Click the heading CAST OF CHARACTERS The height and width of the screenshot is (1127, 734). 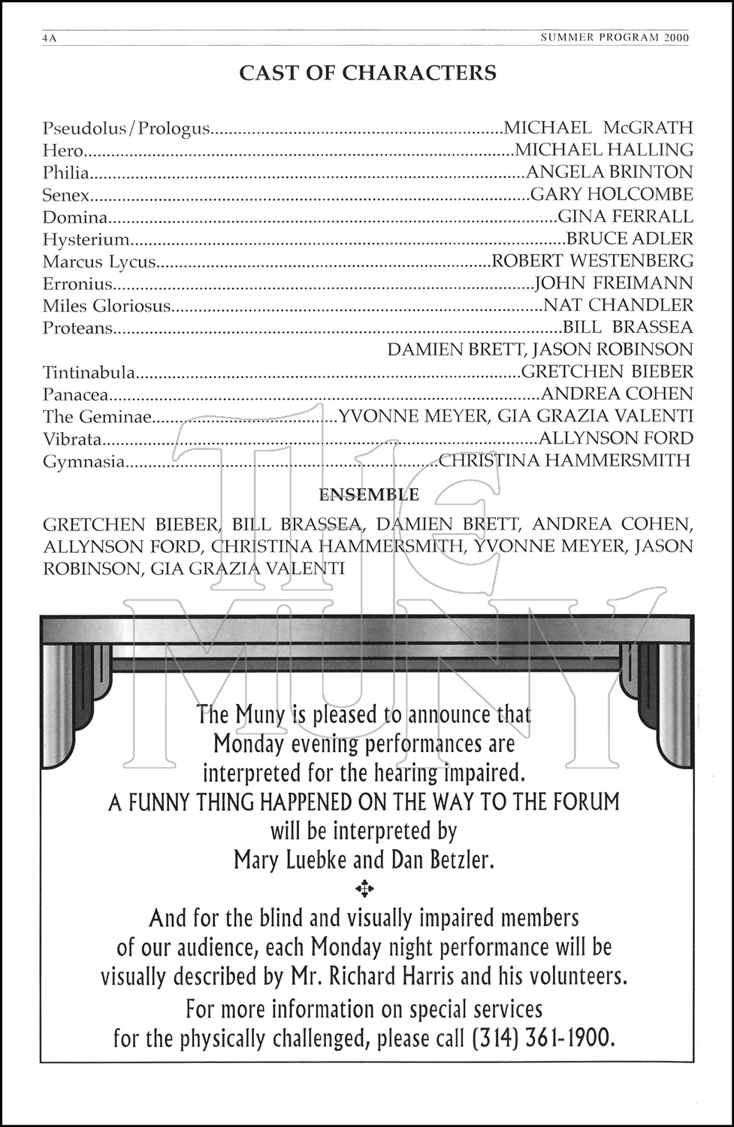pos(367,73)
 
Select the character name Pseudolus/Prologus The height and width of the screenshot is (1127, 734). pos(126,128)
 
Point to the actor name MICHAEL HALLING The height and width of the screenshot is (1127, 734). pos(604,150)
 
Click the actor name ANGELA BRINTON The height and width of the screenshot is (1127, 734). pos(609,173)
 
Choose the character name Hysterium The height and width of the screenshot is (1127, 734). pos(86,240)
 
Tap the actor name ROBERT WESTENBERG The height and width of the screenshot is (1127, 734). pos(592,261)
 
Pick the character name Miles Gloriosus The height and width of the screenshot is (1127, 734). pos(107,306)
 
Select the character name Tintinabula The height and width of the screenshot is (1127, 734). pos(89,373)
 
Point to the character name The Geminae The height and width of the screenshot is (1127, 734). pos(97,417)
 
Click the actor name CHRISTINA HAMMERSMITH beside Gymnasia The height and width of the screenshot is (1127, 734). pos(564,461)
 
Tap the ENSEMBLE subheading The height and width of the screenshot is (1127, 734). pos(369,495)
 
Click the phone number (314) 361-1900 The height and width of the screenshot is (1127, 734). pos(543,1038)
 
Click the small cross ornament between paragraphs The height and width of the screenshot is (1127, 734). pos(364,889)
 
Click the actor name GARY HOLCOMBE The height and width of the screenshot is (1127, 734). pos(612,195)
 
